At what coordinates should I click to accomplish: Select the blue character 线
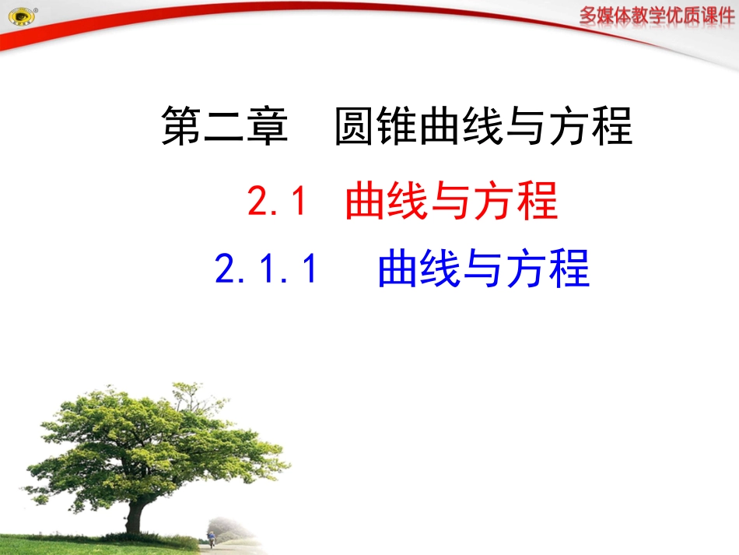441,269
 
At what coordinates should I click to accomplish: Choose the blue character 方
527,269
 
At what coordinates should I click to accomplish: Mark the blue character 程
569,269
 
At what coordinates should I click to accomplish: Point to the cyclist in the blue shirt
211,538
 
